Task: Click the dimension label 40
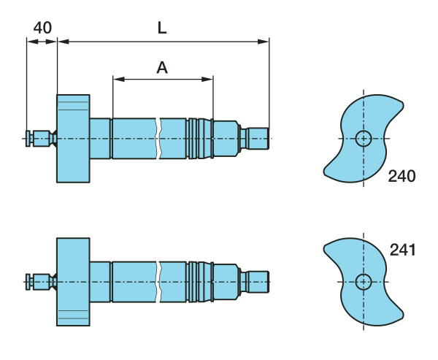(x=42, y=28)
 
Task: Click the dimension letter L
(x=162, y=28)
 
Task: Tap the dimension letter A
(x=162, y=68)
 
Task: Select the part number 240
(x=401, y=176)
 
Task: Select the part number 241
(x=402, y=250)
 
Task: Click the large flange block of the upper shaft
(x=73, y=138)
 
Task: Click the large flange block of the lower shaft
(x=73, y=281)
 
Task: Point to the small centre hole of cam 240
(x=364, y=138)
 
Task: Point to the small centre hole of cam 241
(x=364, y=281)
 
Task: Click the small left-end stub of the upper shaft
(x=30, y=138)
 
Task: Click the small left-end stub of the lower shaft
(x=30, y=281)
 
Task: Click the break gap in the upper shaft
(x=158, y=138)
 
